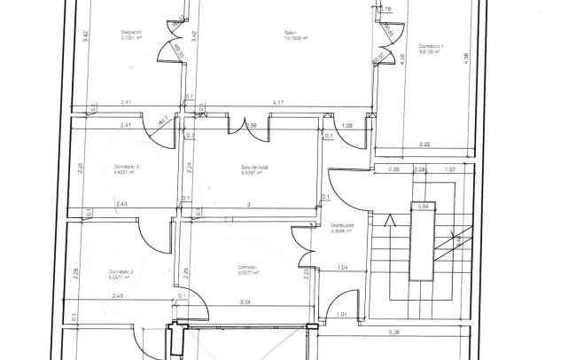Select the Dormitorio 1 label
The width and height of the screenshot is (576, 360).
432,45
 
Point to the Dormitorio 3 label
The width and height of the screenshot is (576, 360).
127,167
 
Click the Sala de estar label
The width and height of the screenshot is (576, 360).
254,168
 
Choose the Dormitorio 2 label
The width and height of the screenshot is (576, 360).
121,271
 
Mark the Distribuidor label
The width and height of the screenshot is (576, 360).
343,226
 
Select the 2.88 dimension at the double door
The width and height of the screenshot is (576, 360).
252,126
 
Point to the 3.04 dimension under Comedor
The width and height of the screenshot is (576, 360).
245,303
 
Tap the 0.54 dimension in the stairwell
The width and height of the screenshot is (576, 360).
423,207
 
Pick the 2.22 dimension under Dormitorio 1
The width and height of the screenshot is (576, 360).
424,144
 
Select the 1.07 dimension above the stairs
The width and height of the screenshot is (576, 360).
450,168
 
